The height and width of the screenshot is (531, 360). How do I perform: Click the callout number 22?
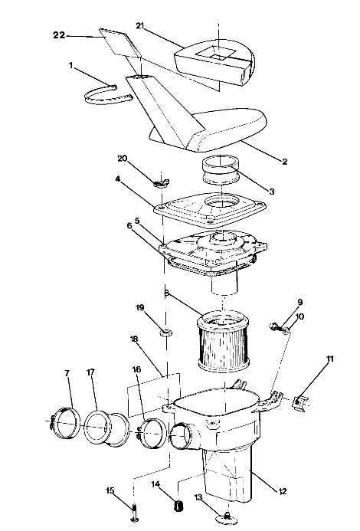coord(60,35)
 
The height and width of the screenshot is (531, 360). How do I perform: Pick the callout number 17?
coord(90,373)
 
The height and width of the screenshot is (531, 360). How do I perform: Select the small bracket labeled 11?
coord(302,399)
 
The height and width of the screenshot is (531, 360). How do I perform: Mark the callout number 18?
coord(133,338)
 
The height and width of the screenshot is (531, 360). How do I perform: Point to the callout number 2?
coord(284,162)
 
